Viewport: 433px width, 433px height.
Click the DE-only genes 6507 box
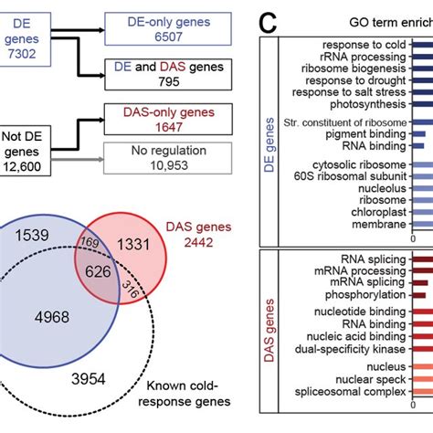point(158,26)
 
